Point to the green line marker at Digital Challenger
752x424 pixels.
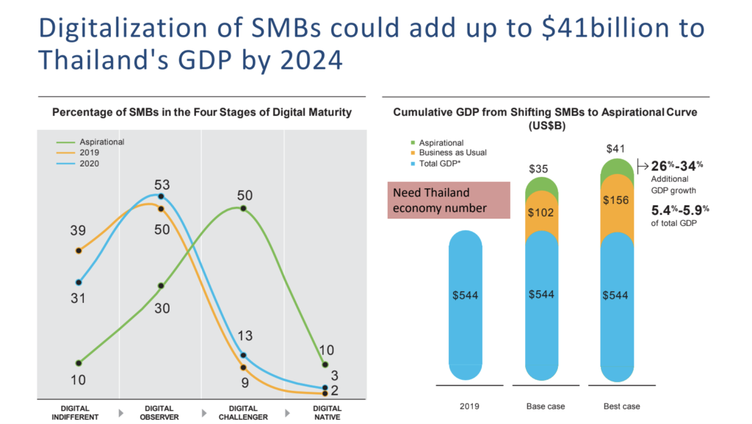tap(243, 209)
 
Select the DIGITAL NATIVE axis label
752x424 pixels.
tap(327, 412)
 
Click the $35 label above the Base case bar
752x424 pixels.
tap(539, 169)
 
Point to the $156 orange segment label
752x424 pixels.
tap(615, 201)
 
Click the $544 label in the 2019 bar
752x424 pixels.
tap(463, 294)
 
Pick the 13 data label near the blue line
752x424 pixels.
tap(245, 337)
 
